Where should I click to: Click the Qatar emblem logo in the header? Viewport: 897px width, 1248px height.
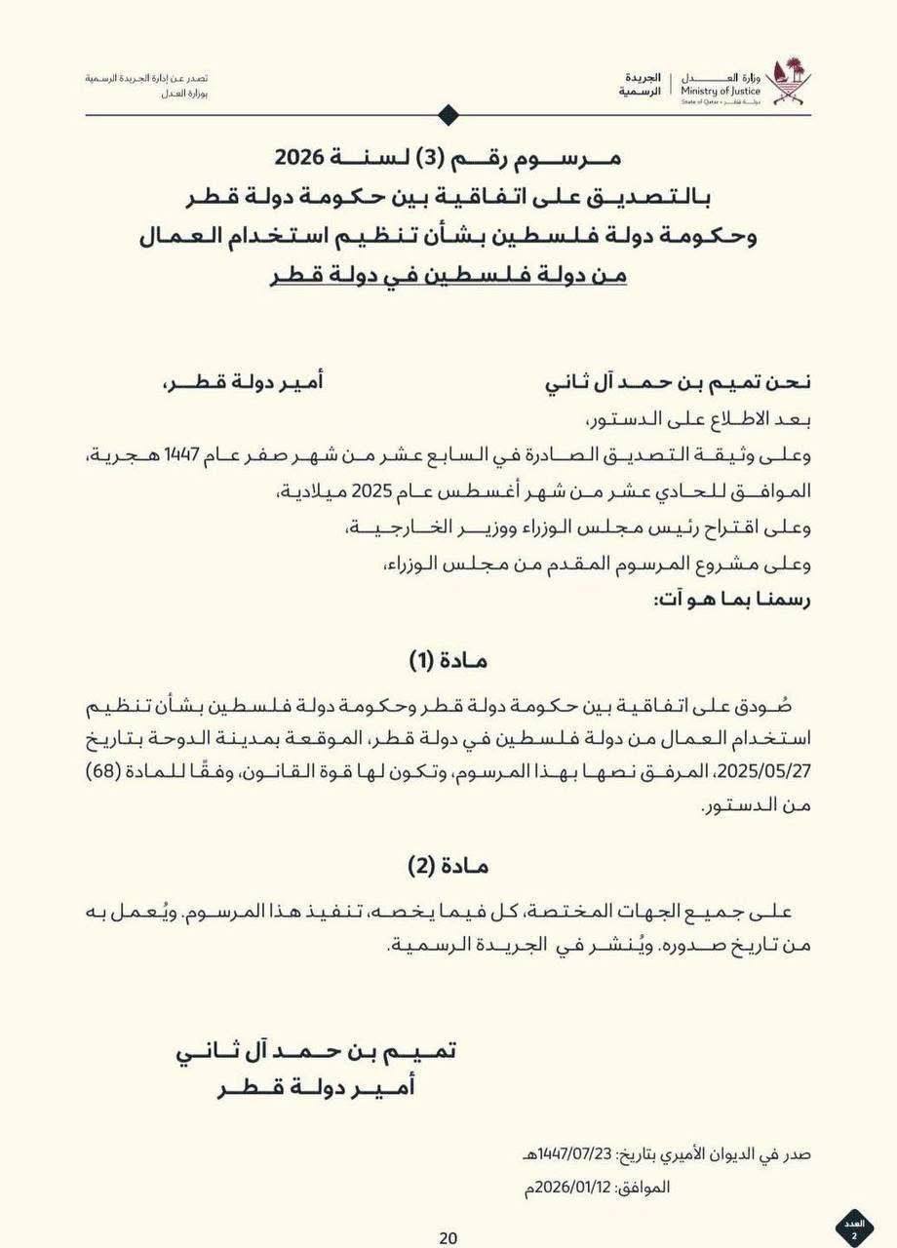[x=788, y=82]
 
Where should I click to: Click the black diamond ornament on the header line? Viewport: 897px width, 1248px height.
[x=448, y=115]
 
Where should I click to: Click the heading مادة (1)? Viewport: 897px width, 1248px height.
[x=448, y=661]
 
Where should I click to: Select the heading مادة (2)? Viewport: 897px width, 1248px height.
[x=448, y=866]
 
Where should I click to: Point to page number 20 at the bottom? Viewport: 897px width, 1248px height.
[x=448, y=1238]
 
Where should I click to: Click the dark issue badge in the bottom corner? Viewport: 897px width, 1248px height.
[x=855, y=1227]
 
